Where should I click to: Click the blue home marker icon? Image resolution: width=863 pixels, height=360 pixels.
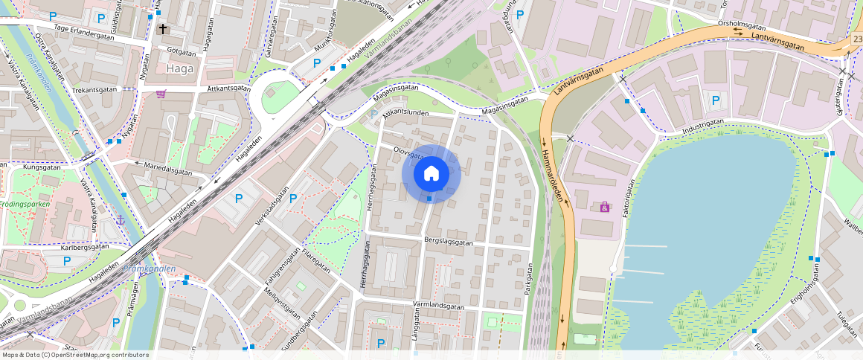(431, 174)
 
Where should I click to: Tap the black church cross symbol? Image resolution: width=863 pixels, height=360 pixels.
(163, 29)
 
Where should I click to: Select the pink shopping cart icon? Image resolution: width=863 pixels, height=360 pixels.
(161, 94)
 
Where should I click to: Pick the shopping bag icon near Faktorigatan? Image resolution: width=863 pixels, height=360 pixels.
(605, 208)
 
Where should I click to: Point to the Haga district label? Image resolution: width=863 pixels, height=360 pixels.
(181, 68)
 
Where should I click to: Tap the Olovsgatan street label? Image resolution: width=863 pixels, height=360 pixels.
(408, 153)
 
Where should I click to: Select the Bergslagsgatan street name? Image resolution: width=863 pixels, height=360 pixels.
(449, 242)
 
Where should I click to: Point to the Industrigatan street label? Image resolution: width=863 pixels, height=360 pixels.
(703, 126)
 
